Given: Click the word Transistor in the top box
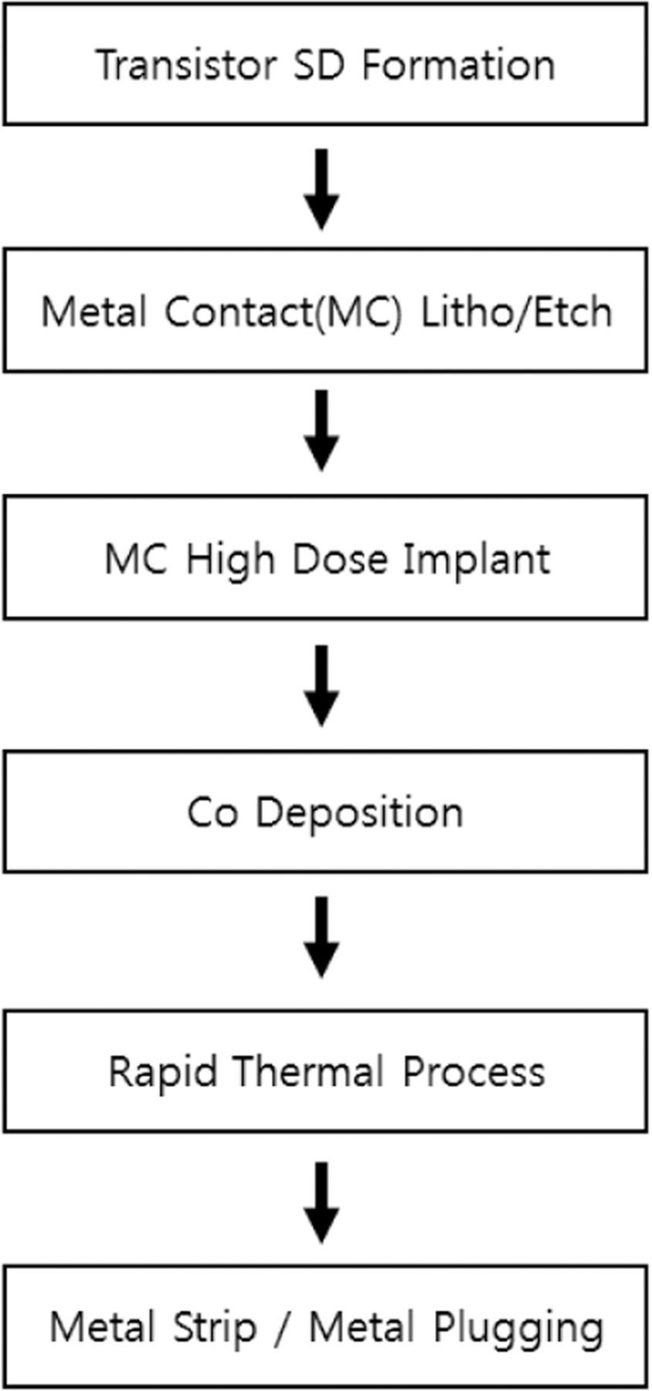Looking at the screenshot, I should point(185,64).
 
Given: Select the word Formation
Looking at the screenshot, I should point(459,64).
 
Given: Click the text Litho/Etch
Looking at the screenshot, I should point(516,312).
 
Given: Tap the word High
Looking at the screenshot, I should point(230,559).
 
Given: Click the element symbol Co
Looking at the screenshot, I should point(212,813).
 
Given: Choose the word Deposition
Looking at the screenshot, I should point(359,813).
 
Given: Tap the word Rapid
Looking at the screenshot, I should point(162,1073).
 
